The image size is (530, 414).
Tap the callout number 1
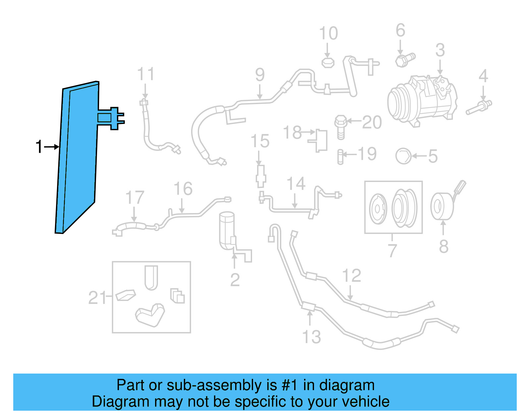click(39, 147)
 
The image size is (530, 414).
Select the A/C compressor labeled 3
click(422, 101)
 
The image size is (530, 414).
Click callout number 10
click(328, 33)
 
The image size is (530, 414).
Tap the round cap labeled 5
click(403, 156)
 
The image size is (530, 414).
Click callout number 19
click(367, 154)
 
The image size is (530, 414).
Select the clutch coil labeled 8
click(442, 206)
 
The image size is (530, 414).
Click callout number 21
click(97, 297)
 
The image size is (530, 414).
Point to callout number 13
click(312, 337)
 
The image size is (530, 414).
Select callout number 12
click(351, 276)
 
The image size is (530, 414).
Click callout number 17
click(134, 198)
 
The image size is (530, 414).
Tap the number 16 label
click(183, 189)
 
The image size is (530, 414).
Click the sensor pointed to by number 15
click(261, 175)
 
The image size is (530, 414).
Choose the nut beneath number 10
click(328, 62)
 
